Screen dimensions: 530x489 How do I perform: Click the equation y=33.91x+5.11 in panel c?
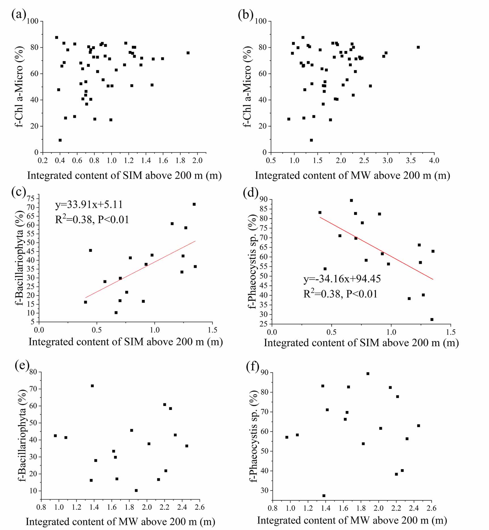pos(89,204)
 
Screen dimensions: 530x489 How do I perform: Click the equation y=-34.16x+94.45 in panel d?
pos(342,279)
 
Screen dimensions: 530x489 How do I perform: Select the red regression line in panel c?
pos(140,269)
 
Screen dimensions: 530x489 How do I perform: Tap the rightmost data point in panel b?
pos(418,47)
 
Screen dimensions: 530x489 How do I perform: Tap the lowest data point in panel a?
pos(60,140)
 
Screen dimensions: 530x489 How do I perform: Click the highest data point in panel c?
pos(194,204)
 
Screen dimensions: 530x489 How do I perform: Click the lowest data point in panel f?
pos(324,496)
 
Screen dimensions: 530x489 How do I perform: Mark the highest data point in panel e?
pos(92,386)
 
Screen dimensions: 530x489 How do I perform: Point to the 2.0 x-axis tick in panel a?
pos(197,160)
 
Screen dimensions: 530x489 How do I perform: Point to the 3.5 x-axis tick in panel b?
pos(411,160)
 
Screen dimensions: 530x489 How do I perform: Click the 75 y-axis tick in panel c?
pos(31,198)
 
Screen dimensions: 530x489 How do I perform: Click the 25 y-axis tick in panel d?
pos(264,324)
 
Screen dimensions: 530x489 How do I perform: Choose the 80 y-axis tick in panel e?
pos(33,372)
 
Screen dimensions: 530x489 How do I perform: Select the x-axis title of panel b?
pos(352,176)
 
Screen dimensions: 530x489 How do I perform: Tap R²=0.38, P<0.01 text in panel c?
pos(92,219)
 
